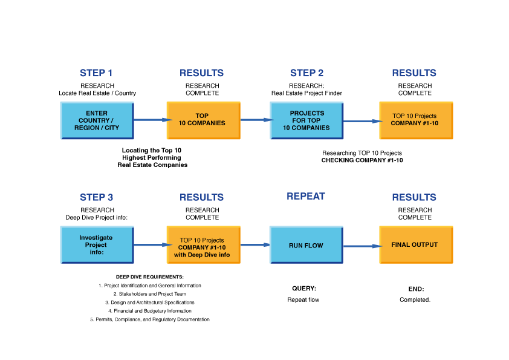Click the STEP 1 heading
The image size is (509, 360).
pos(96,73)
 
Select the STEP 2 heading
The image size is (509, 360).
pos(306,73)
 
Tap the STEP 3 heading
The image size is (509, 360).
pos(96,198)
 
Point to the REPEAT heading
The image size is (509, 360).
pos(306,197)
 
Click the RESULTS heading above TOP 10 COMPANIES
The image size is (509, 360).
pos(201,73)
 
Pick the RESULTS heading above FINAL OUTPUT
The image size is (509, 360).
pos(413,198)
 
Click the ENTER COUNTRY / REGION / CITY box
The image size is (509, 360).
pos(97,120)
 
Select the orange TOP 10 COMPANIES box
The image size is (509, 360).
pos(203,120)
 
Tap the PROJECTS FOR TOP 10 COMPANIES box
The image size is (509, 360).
pos(306,120)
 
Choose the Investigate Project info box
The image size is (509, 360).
pos(97,245)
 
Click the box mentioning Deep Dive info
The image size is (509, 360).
pos(203,245)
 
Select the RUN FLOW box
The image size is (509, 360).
pos(306,245)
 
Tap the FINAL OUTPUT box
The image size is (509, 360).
pos(415,245)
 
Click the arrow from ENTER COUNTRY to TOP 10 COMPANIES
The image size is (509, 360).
pos(151,120)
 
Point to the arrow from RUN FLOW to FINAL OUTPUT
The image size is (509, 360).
pos(361,246)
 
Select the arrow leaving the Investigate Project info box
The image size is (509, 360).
pos(151,245)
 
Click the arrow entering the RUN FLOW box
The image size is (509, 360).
pos(254,245)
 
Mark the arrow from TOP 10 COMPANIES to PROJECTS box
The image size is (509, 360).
pos(255,120)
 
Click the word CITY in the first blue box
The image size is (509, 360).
pos(111,128)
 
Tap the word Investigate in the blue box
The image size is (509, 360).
pos(96,238)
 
